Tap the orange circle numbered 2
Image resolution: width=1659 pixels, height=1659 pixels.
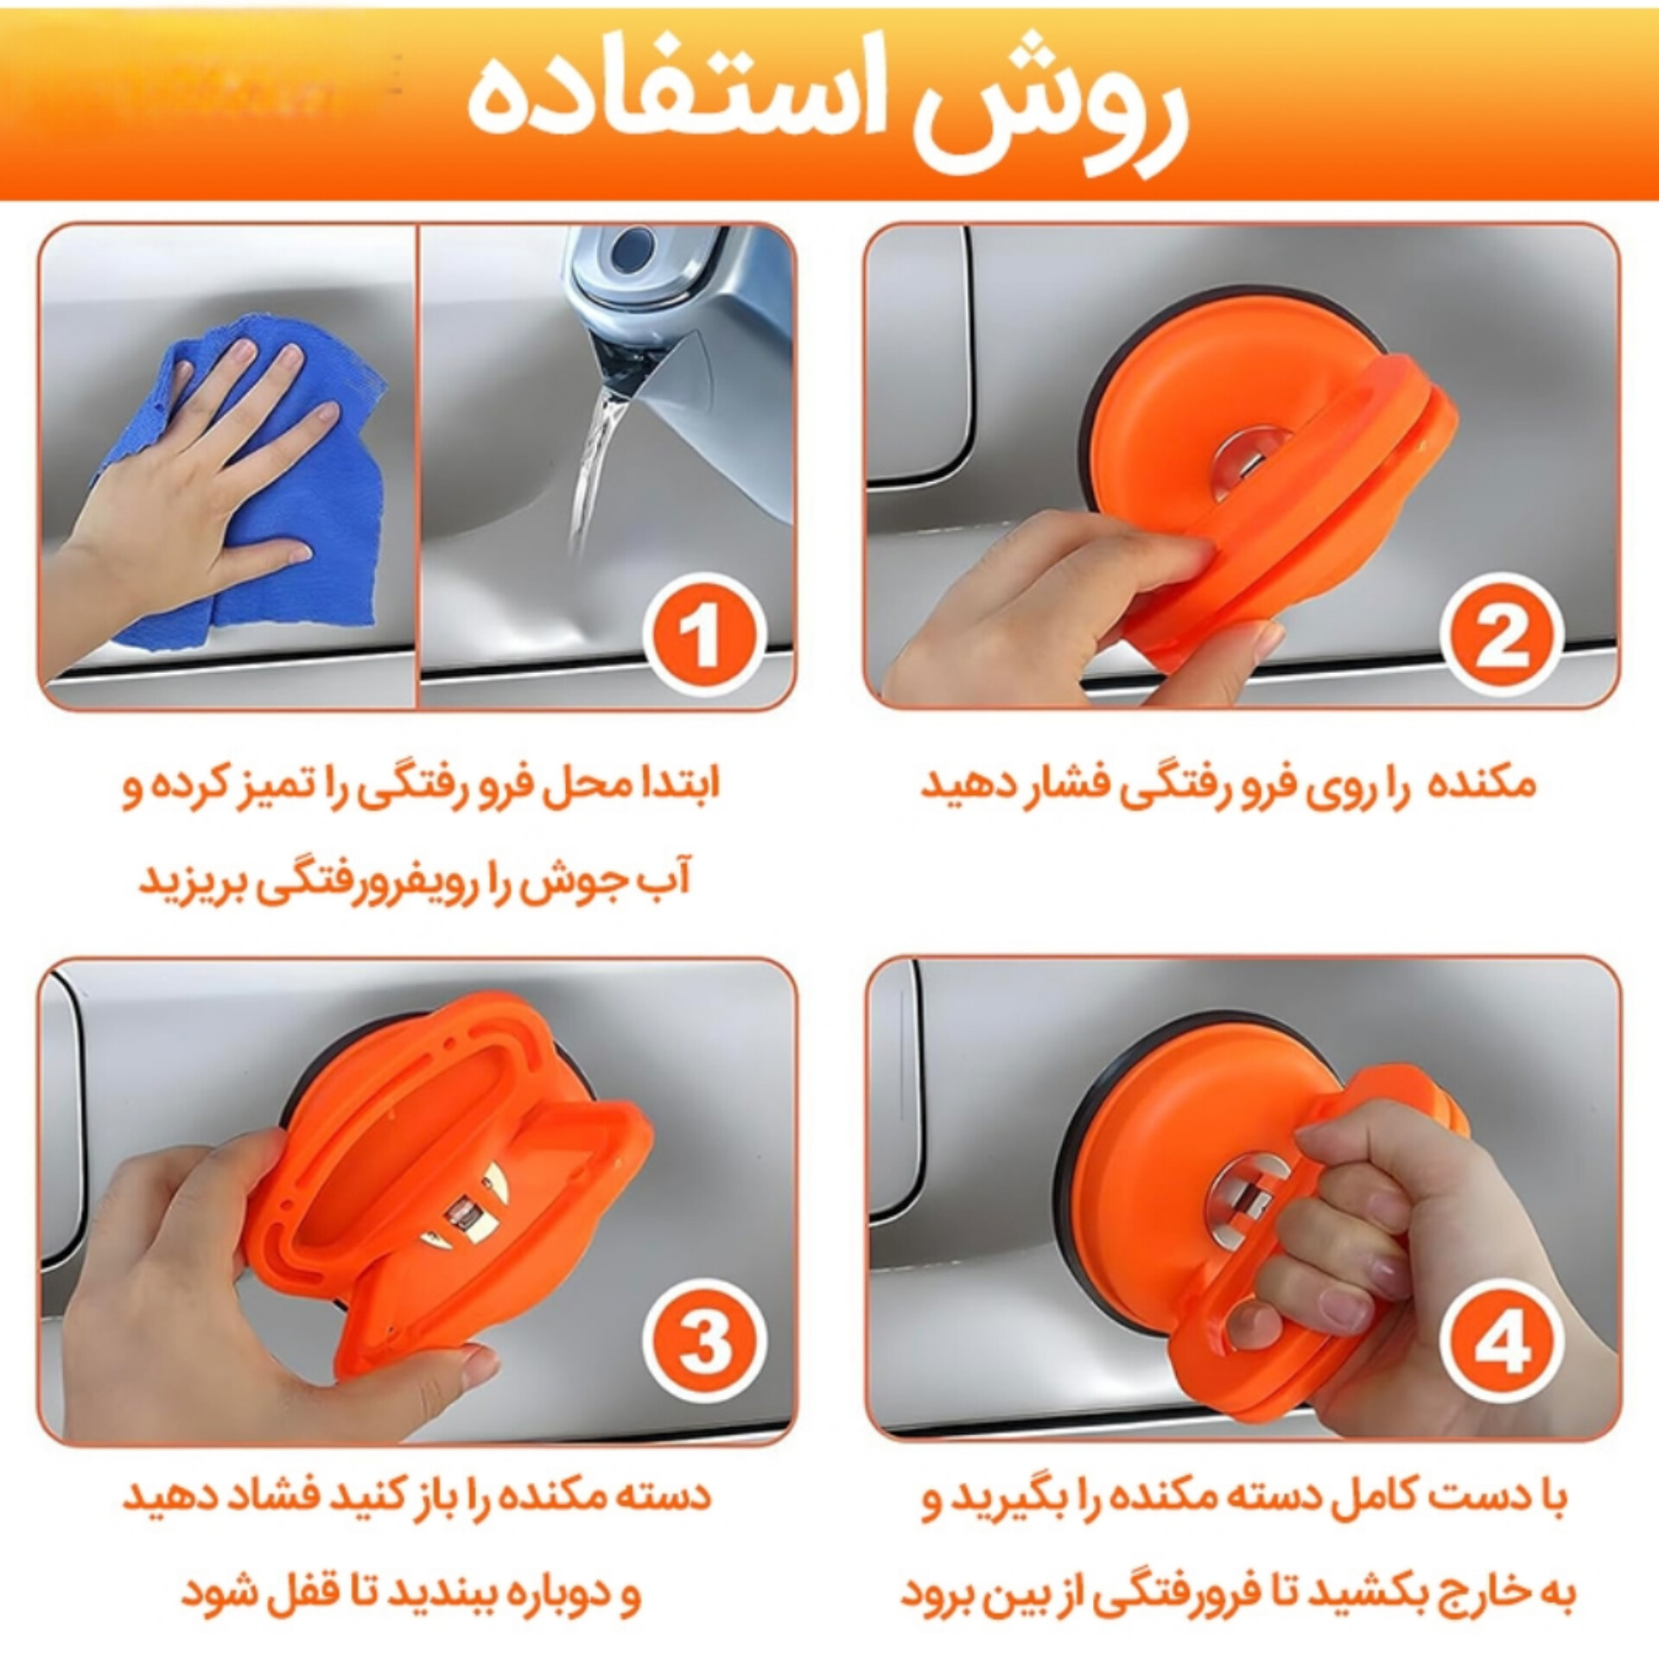tap(1503, 638)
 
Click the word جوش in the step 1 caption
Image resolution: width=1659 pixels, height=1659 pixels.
tap(579, 881)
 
